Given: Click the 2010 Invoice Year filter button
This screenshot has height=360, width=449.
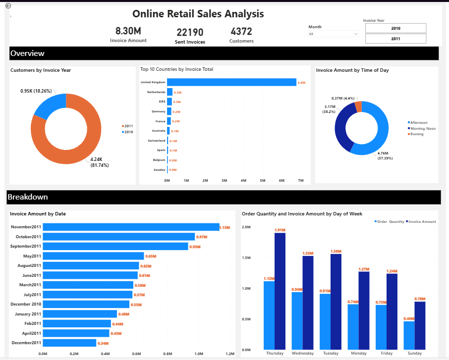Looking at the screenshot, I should [x=395, y=28].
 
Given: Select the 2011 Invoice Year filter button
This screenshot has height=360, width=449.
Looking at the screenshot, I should [x=395, y=39].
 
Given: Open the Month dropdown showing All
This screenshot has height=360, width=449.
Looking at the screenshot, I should [x=333, y=34].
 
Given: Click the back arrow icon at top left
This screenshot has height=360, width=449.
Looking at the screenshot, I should [x=8, y=5].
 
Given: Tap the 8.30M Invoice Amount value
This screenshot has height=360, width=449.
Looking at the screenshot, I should [x=128, y=31].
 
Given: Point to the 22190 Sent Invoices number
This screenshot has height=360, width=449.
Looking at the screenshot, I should [x=190, y=32].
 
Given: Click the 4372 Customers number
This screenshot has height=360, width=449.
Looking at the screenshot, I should [x=241, y=31].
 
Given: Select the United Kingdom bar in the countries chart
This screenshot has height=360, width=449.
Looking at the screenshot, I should [x=231, y=82].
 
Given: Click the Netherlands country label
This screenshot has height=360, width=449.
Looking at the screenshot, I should [x=156, y=92].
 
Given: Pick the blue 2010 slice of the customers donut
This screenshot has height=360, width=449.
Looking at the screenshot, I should [x=49, y=105].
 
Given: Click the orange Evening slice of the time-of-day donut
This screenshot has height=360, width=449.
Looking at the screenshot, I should [x=358, y=106].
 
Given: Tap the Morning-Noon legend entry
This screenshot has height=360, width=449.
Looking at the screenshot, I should [x=423, y=128].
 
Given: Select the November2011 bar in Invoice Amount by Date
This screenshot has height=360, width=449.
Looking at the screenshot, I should [x=131, y=227].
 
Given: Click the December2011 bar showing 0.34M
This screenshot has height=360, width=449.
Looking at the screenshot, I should [x=69, y=343].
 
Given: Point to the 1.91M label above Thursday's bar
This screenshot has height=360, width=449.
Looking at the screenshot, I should [x=280, y=230].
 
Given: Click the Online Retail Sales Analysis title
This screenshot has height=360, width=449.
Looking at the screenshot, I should [x=198, y=14].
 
